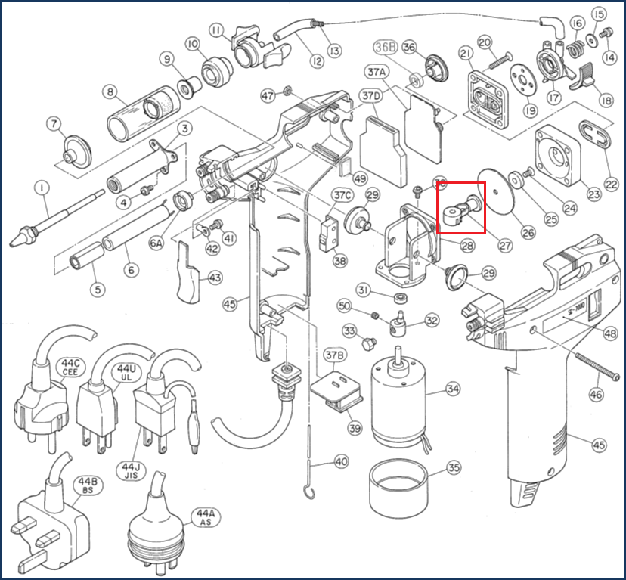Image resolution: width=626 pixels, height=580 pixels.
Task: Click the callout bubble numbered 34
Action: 453,389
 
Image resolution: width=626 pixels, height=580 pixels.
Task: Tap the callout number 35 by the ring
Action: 453,467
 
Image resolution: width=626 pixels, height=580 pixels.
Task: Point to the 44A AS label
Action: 206,518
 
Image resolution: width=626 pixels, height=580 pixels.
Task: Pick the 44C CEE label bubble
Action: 70,369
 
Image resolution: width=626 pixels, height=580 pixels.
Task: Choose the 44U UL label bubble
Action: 124,371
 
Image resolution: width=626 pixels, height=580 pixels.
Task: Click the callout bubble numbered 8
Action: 111,93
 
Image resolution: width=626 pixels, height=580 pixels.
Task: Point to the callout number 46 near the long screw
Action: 597,393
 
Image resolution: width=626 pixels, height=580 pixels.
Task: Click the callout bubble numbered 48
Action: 609,333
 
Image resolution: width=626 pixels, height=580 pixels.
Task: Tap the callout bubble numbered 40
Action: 341,461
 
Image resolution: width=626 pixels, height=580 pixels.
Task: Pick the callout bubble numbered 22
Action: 611,184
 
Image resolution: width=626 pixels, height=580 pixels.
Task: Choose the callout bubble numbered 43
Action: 215,278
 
